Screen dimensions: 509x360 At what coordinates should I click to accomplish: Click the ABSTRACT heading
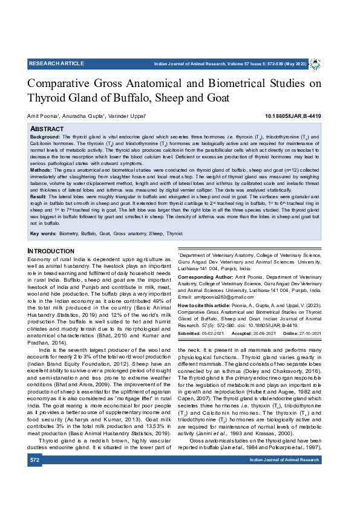[47, 129]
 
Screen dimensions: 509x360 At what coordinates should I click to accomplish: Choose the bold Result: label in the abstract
[39, 197]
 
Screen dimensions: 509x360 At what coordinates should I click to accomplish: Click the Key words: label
[43, 233]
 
